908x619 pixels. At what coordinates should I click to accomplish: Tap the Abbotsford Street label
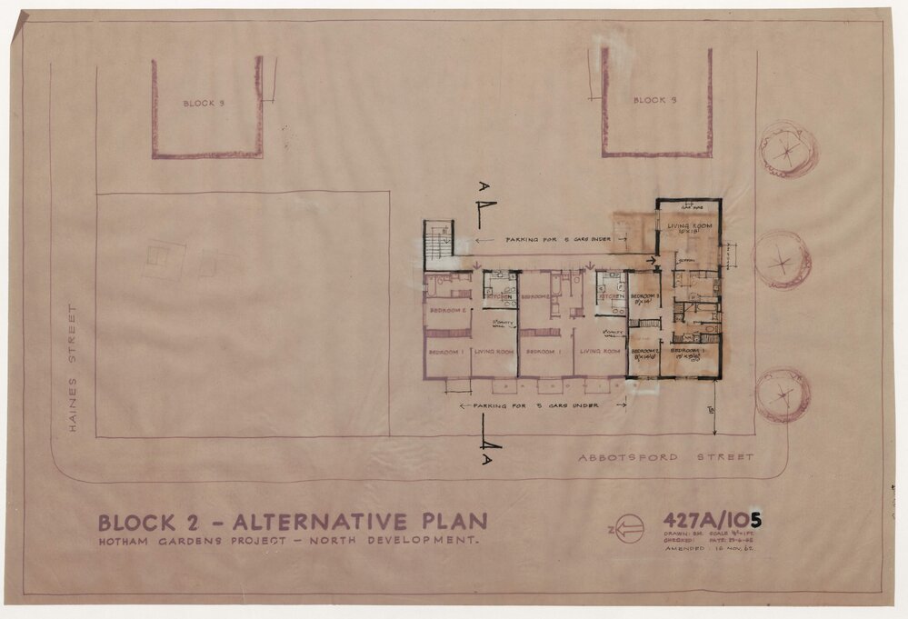[665, 457]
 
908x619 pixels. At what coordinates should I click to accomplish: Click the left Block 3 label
[204, 104]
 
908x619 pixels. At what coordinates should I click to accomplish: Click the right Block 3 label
[654, 100]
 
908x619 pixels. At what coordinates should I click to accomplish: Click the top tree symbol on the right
[787, 149]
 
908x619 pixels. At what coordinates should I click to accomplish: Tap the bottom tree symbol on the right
[783, 395]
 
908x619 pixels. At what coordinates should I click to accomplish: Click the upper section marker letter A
[484, 187]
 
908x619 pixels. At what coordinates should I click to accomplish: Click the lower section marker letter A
[491, 459]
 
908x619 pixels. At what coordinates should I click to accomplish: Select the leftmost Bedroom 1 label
[447, 351]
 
